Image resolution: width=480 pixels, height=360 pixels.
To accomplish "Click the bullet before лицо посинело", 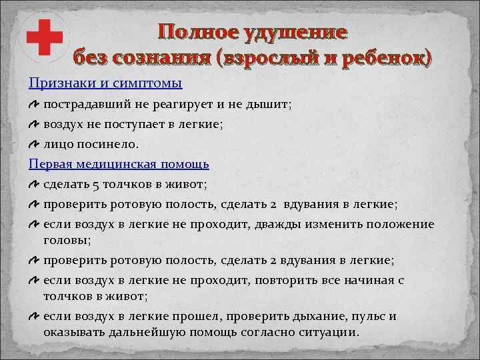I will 34,143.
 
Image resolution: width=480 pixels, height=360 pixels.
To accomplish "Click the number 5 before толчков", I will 96,183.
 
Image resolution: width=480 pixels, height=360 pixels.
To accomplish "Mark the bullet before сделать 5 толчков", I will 34,183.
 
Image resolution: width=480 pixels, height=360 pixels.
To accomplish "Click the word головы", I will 65,239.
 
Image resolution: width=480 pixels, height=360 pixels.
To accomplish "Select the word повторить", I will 291,281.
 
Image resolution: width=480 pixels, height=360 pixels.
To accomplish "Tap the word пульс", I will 369,317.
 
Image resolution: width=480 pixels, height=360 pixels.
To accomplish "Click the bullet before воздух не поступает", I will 34,124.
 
